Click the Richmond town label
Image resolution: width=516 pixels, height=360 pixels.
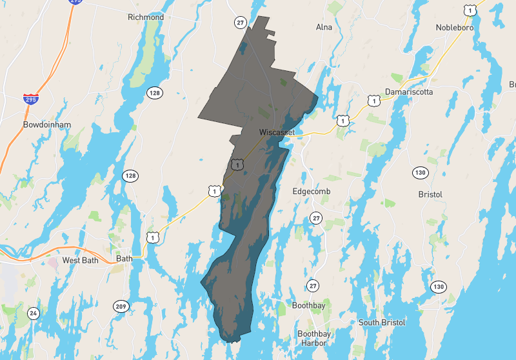[x=146, y=17]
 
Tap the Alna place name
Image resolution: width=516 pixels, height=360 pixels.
[x=323, y=27]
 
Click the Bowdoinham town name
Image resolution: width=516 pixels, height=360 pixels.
[x=46, y=125]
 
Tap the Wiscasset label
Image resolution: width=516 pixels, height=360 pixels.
[x=277, y=132]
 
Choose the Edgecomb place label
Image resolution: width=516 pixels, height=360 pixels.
[x=312, y=192]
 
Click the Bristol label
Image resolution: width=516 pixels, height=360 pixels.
[x=430, y=194]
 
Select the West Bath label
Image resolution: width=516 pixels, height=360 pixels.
[x=79, y=260]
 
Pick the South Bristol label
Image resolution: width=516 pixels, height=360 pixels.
[x=382, y=323]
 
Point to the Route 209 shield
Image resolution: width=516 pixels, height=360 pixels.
[x=121, y=306]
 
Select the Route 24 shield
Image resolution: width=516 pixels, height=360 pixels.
[x=33, y=314]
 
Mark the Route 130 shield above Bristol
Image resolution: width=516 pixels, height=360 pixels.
[x=421, y=172]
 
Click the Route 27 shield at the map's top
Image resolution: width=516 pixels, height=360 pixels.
[x=241, y=23]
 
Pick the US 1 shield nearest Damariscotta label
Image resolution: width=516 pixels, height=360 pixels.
[x=373, y=101]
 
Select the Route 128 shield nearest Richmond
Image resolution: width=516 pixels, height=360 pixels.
[x=154, y=93]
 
